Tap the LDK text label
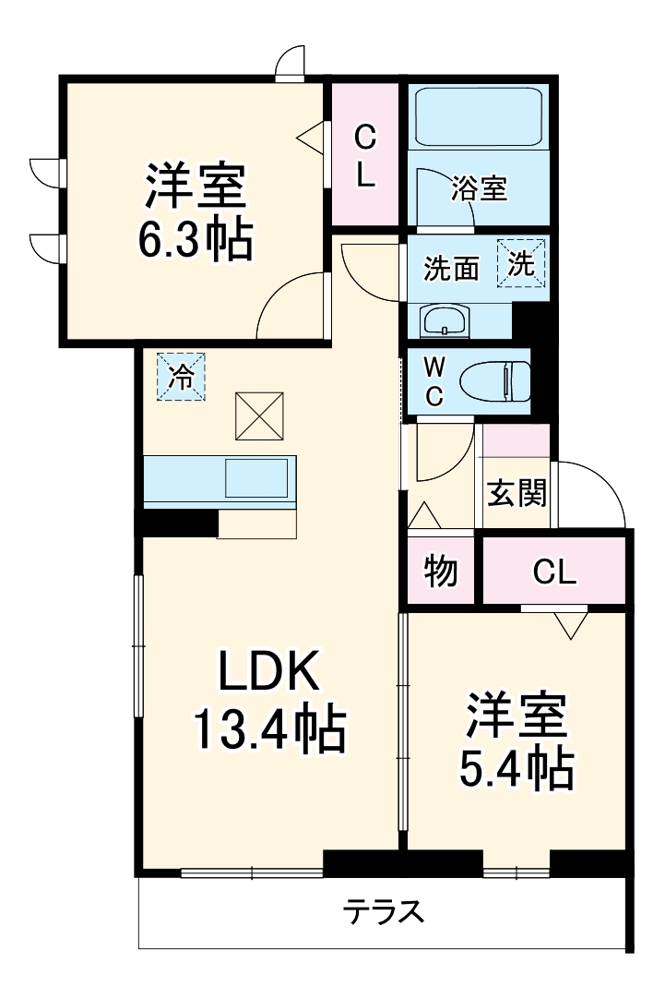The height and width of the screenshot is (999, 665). point(268,672)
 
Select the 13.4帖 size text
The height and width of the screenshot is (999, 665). point(268,729)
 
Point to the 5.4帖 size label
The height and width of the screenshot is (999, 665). point(517,767)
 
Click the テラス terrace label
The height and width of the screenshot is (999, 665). point(384,912)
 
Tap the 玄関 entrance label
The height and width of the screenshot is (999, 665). point(517,493)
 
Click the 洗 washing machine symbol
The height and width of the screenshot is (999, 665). point(522,263)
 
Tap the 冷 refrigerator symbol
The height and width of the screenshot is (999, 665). point(182,378)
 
